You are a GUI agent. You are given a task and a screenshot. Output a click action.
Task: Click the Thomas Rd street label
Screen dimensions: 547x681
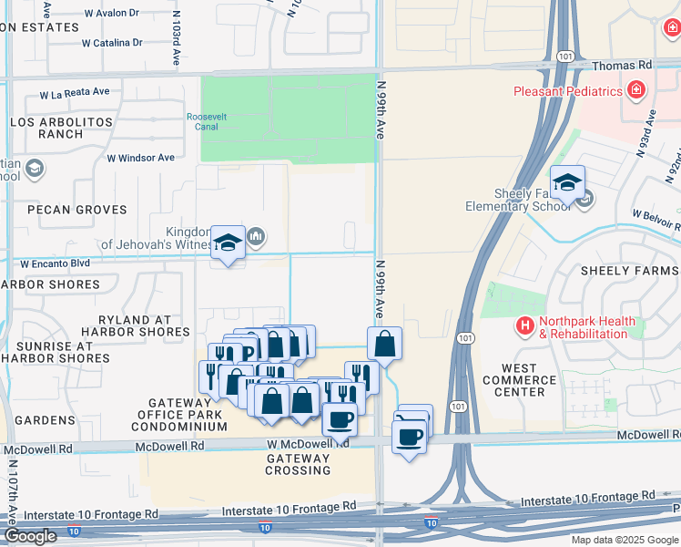[x=623, y=66]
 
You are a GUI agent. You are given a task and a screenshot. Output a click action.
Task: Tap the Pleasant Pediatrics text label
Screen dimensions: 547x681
[x=567, y=91]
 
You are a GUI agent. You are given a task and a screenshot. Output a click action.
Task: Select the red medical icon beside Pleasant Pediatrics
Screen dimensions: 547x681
[x=635, y=90]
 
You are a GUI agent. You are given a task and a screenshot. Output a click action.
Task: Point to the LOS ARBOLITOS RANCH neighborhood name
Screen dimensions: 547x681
[x=61, y=128]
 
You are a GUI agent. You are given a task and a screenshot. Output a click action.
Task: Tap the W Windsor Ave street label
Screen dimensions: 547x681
[x=140, y=158]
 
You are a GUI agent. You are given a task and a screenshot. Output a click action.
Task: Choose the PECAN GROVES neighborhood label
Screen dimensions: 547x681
[x=77, y=210]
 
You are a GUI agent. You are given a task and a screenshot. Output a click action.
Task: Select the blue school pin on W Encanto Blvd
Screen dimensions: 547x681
[x=228, y=243]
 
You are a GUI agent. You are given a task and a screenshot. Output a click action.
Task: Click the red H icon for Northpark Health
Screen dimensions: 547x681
[x=524, y=325]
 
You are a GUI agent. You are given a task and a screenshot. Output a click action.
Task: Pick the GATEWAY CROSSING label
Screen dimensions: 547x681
[x=298, y=464]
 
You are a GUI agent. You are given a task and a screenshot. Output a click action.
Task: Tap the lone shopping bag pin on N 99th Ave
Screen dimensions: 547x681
[x=384, y=344]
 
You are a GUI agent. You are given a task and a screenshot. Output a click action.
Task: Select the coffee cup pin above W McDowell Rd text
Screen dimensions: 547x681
[x=340, y=419]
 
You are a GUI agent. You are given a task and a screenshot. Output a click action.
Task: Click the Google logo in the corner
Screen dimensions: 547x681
[x=31, y=536]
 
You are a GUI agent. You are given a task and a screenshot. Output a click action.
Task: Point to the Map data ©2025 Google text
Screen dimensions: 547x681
[x=624, y=540]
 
